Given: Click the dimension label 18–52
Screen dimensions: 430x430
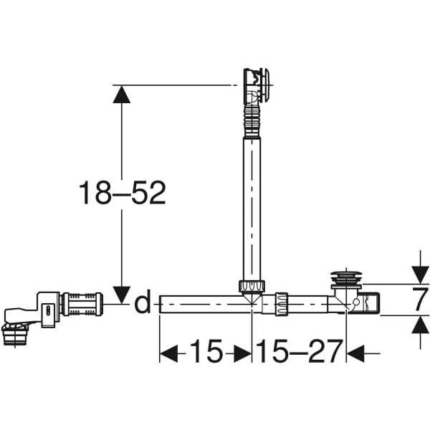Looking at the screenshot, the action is [x=123, y=193].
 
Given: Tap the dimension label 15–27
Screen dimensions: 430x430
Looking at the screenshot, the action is [x=300, y=351].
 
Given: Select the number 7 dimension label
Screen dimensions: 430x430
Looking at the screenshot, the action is [x=421, y=300].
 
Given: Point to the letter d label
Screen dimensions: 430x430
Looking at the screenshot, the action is [x=143, y=301].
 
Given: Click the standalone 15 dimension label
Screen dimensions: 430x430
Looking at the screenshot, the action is [x=206, y=351].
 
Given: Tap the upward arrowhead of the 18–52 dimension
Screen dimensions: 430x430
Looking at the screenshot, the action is [x=122, y=94].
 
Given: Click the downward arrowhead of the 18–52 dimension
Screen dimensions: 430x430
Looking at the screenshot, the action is [x=122, y=295].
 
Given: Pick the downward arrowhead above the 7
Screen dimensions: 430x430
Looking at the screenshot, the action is [x=421, y=274].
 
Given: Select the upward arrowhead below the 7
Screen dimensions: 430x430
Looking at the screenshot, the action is [x=421, y=325].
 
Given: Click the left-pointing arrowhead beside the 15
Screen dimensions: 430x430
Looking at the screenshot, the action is [x=168, y=353].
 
